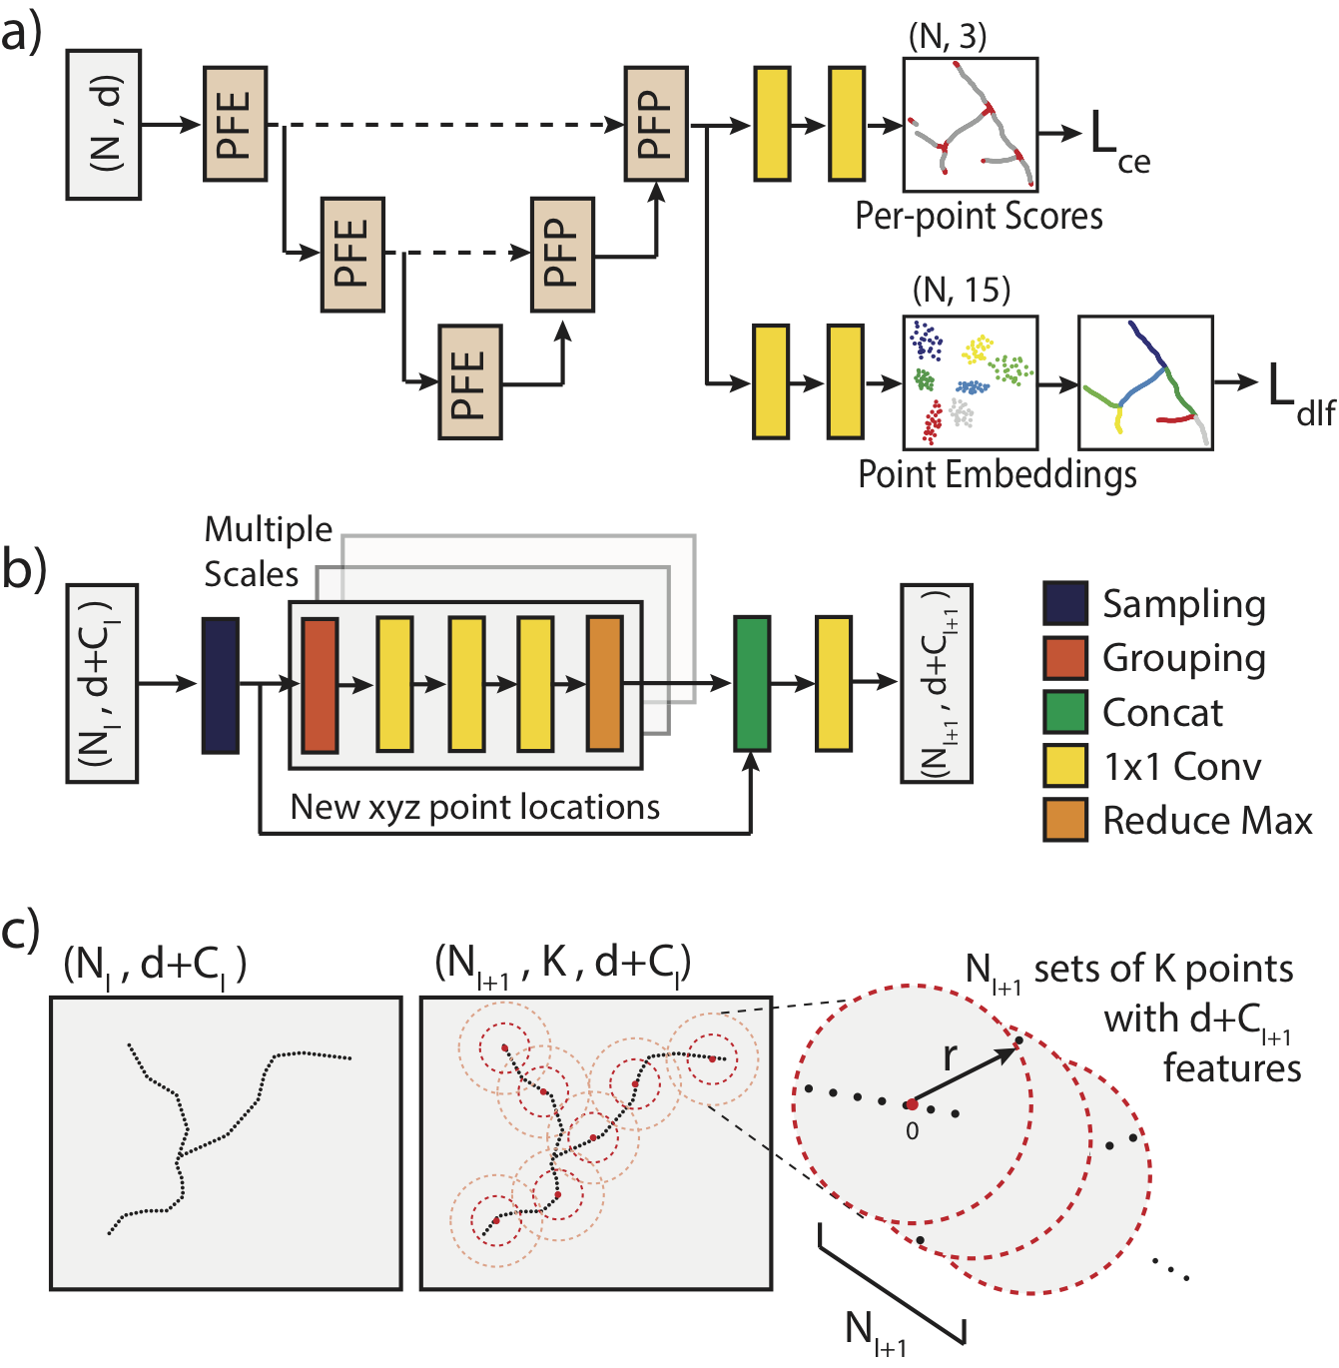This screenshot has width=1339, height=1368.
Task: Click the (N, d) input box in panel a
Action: pos(104,125)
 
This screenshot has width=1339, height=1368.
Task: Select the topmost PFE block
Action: pos(235,124)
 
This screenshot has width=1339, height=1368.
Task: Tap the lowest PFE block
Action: pos(469,382)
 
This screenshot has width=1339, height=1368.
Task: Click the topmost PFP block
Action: pos(655,124)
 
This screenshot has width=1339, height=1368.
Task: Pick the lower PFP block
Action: pos(562,255)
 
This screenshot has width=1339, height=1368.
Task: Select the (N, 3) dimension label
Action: pos(948,37)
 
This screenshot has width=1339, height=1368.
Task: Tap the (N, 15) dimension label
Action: pos(962,290)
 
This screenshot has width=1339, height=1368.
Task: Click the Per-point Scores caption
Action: pos(979,216)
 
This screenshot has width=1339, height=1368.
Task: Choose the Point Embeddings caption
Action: pos(997,473)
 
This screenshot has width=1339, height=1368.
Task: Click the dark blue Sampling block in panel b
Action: pos(220,685)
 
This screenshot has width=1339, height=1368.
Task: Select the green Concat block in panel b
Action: pos(751,683)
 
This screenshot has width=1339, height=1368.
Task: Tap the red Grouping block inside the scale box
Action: pos(320,685)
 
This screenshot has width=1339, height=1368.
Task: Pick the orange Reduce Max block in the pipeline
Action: pos(605,684)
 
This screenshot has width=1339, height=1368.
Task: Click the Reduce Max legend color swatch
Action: pos(1064,820)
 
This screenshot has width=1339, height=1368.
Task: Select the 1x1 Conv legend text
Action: pos(1181,766)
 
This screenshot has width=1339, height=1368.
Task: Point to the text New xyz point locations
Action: pos(474,807)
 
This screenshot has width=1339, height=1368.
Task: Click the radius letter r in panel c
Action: pos(950,1055)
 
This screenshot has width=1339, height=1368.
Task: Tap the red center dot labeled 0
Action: pos(912,1104)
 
